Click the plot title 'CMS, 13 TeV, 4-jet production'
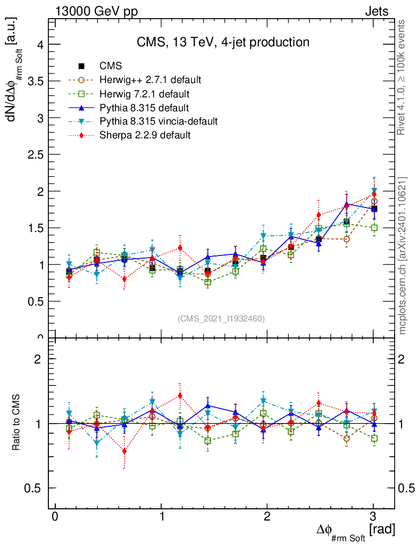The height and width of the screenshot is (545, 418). click(x=223, y=42)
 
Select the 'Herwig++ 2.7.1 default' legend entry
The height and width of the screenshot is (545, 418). click(x=150, y=80)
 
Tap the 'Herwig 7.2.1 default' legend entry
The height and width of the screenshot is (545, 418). click(x=145, y=94)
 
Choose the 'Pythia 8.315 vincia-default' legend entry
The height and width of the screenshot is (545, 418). click(x=158, y=121)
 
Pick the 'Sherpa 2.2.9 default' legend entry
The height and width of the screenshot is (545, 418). click(x=145, y=135)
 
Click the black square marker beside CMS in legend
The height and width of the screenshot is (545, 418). click(x=81, y=66)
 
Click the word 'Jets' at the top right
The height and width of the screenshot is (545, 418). click(x=376, y=11)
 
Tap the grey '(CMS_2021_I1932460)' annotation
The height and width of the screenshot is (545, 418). click(x=221, y=318)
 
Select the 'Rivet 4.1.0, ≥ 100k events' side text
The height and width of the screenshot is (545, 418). click(x=403, y=77)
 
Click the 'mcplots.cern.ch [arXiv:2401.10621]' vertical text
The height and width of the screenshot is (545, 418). click(x=403, y=255)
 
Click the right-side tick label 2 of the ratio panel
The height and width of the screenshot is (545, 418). click(x=409, y=359)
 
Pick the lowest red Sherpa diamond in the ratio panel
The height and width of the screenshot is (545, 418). click(x=124, y=451)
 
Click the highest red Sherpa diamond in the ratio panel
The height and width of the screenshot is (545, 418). click(x=180, y=395)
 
